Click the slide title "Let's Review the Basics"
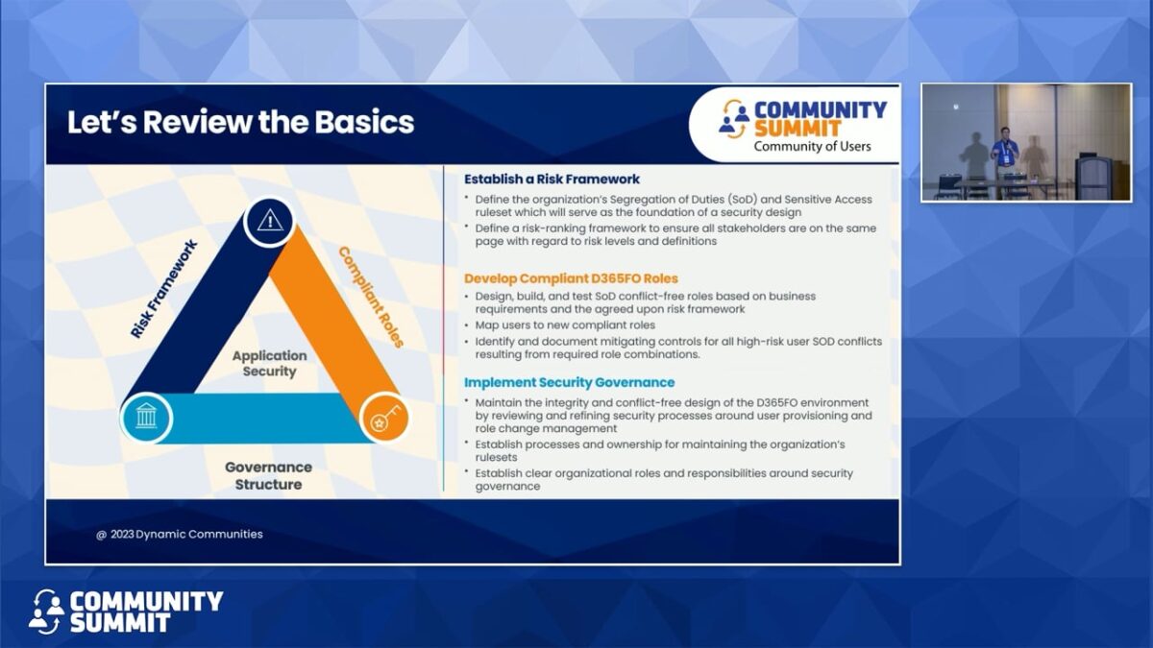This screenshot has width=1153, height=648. click(x=240, y=123)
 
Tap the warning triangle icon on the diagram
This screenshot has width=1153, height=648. click(x=270, y=222)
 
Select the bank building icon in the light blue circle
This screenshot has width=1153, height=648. click(x=146, y=416)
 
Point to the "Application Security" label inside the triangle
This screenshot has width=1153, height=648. click(x=269, y=363)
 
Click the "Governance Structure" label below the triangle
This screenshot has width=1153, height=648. click(x=268, y=476)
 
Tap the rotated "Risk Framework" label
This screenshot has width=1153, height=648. click(x=163, y=289)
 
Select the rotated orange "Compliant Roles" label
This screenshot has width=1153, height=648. click(x=371, y=297)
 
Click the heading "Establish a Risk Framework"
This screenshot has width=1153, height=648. click(x=552, y=179)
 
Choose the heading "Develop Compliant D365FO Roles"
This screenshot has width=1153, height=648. click(x=571, y=278)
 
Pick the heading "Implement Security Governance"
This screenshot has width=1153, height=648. click(x=569, y=382)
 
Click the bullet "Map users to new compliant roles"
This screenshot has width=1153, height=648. click(x=565, y=325)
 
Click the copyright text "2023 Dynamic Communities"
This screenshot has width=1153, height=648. click(x=186, y=534)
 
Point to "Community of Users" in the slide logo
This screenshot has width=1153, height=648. click(x=812, y=147)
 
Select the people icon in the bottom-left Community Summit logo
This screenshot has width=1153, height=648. click(x=46, y=612)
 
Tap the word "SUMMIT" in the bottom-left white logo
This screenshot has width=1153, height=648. click(x=120, y=623)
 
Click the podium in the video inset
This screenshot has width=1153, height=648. click(x=1092, y=177)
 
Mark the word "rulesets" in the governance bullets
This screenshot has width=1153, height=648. click(x=496, y=457)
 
